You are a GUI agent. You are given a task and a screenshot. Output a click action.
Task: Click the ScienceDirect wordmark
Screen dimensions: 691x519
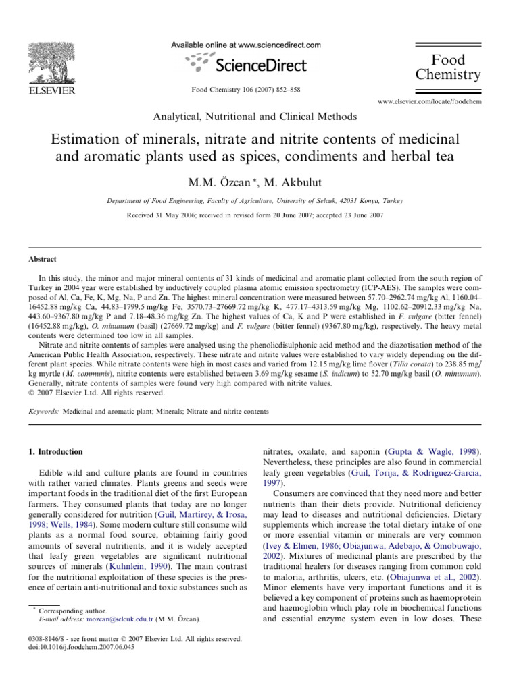[x=261, y=65]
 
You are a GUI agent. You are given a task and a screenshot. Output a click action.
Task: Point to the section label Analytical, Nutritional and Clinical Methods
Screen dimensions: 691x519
[x=255, y=117]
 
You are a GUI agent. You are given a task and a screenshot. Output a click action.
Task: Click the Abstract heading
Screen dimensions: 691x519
[x=43, y=258]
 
